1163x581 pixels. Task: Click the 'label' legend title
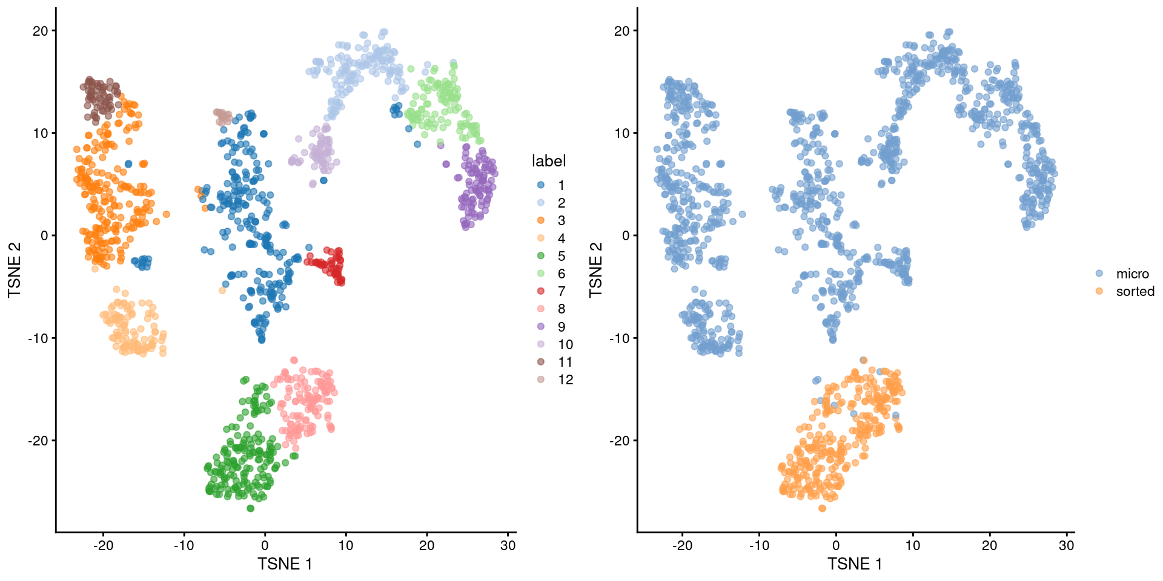548,161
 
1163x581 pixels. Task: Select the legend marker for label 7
541,291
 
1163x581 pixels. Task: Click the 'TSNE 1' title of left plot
285,564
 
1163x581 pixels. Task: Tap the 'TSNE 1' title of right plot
855,564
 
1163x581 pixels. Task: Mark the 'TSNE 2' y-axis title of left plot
15,270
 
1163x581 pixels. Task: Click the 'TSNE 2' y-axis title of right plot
596,270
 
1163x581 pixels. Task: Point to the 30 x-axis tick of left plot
508,545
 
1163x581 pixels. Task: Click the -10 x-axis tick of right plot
759,545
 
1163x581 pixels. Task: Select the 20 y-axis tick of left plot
40,31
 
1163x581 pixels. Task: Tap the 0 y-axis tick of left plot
44,235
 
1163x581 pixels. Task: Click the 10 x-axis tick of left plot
346,545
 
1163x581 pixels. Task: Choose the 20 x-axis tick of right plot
989,545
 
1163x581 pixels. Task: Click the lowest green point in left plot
250,508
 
